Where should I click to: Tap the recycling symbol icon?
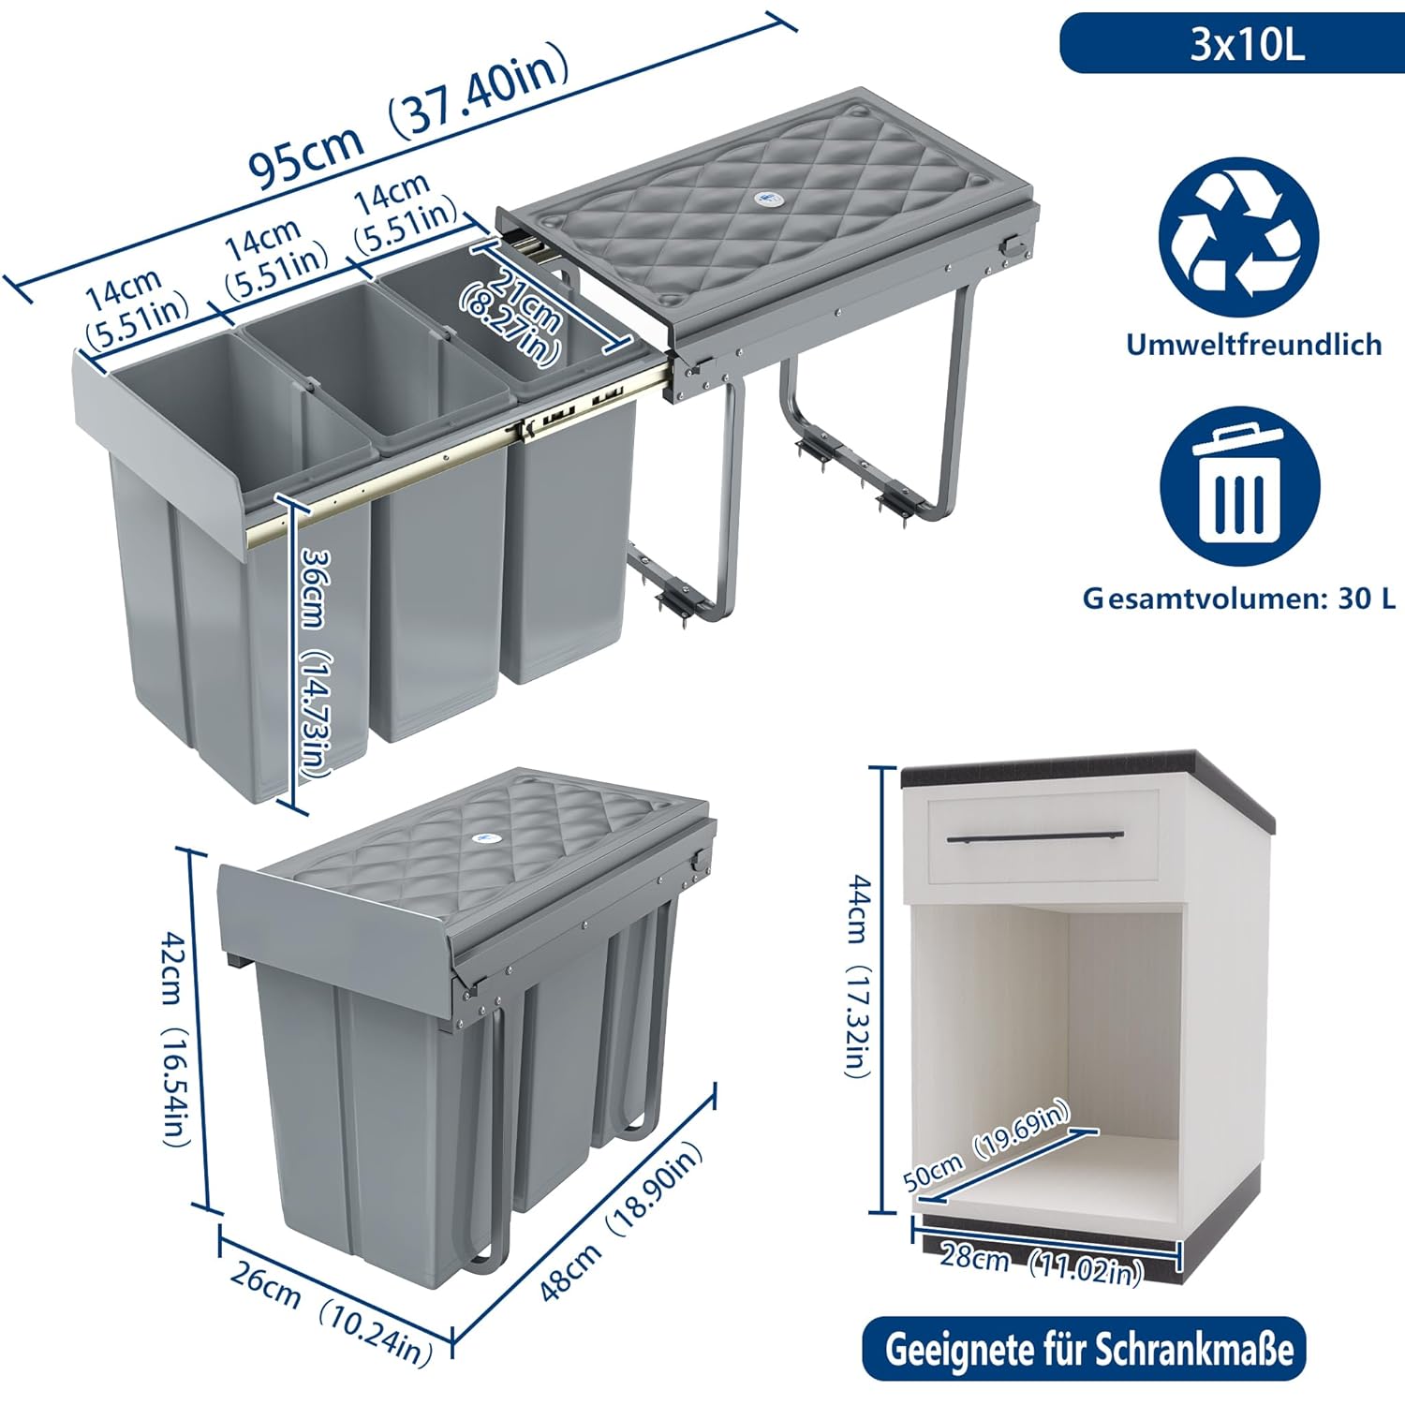[1238, 237]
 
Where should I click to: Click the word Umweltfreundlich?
[1253, 344]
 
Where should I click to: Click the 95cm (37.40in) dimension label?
[408, 116]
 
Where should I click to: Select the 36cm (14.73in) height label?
[314, 660]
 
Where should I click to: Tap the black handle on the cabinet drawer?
[1035, 836]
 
